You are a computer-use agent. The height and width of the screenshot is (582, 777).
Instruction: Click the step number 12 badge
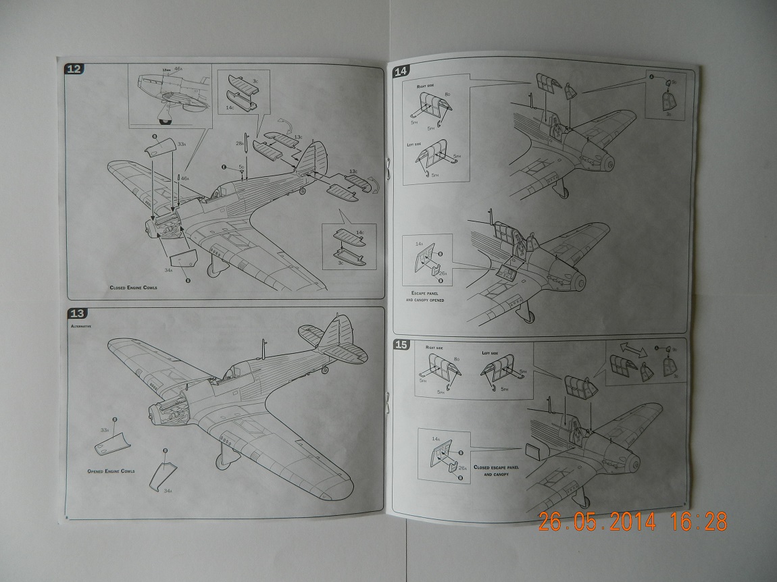click(x=74, y=69)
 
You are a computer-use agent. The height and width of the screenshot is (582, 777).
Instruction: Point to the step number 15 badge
click(x=401, y=345)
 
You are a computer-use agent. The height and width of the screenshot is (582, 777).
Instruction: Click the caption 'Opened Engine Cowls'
click(x=111, y=471)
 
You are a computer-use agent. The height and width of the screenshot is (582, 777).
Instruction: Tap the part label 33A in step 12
click(x=163, y=144)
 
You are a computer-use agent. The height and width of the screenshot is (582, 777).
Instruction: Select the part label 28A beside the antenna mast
click(x=239, y=143)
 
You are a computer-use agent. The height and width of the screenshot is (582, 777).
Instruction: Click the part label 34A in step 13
click(x=168, y=491)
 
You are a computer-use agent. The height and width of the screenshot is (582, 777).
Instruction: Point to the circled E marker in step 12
click(x=224, y=166)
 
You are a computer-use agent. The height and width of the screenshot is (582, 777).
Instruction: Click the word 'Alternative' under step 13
click(x=81, y=325)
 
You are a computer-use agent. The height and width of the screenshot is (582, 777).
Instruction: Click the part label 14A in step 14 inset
click(x=420, y=243)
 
